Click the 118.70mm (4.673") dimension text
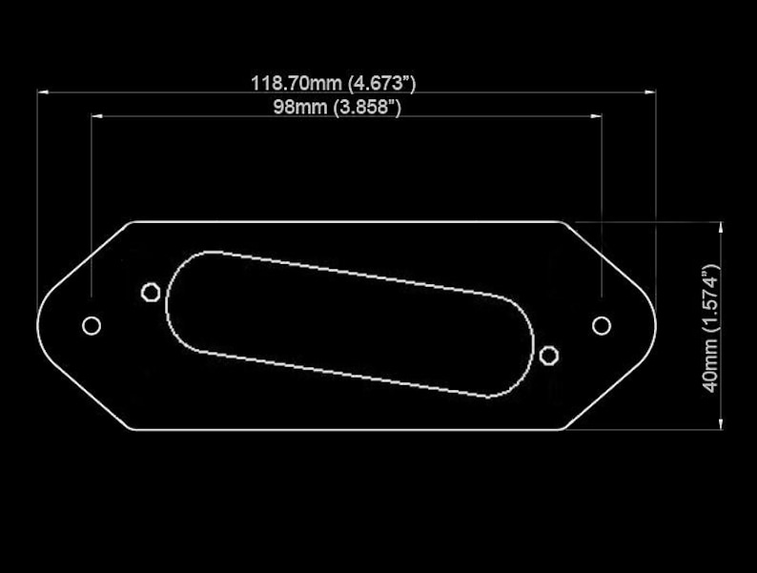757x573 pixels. tap(333, 83)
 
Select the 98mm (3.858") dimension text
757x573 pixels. tap(337, 107)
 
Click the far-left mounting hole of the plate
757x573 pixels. tap(92, 326)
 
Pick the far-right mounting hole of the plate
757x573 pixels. tap(602, 326)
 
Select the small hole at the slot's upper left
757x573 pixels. tap(151, 292)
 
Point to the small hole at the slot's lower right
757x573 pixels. tap(548, 356)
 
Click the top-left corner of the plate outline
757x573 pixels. tap(133, 222)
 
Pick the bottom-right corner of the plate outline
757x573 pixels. tap(563, 430)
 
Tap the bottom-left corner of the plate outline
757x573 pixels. tap(133, 430)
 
